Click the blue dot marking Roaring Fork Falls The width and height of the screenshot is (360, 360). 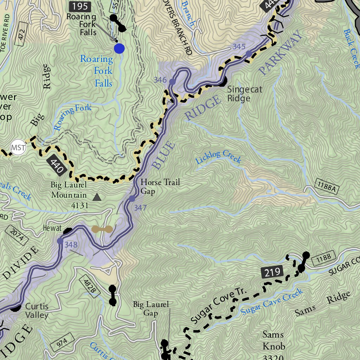coord(119,49)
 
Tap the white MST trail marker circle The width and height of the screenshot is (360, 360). coord(18,147)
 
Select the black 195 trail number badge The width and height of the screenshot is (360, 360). coord(80,6)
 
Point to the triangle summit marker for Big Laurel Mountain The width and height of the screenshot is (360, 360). coord(97,198)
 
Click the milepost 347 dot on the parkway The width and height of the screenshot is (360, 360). coord(132,199)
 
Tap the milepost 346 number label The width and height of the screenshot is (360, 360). coord(160,80)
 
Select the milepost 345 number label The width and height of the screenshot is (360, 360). coord(239,47)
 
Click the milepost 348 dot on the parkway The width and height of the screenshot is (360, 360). coord(60,241)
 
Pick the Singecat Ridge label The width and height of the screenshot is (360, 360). coord(244,94)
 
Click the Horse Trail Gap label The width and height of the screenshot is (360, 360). coord(160,186)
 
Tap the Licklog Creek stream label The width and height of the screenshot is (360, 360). coord(218,157)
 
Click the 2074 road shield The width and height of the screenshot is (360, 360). coord(17,234)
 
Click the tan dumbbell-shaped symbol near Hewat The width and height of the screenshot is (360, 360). coord(102,230)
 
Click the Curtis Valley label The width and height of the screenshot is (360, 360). coord(37,310)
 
